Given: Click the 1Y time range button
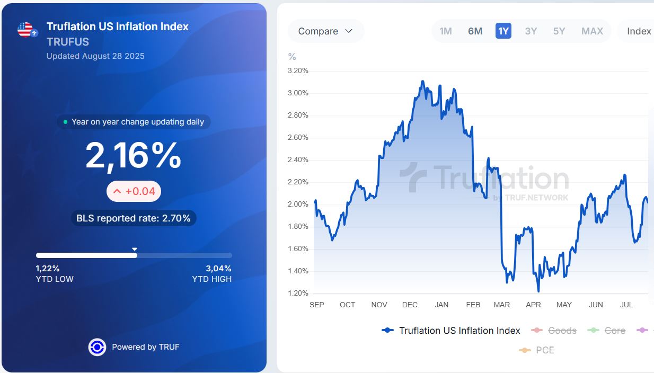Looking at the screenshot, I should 503,31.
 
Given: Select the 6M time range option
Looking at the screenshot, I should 475,31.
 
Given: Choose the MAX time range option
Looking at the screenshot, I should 592,31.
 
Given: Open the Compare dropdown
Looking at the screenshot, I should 325,31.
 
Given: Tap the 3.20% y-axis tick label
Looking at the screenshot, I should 297,71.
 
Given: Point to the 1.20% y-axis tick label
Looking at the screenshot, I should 297,294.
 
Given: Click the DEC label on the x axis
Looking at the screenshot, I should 410,305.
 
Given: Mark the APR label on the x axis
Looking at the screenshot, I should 533,305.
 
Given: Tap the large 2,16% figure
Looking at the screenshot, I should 134,156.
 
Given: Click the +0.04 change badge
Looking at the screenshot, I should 134,191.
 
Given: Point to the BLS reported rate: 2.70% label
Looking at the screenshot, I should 134,218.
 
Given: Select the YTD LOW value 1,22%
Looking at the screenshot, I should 48,269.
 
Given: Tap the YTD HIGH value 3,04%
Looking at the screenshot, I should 218,269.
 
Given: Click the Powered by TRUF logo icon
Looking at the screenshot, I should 97,347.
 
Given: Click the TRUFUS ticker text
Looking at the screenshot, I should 68,42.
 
